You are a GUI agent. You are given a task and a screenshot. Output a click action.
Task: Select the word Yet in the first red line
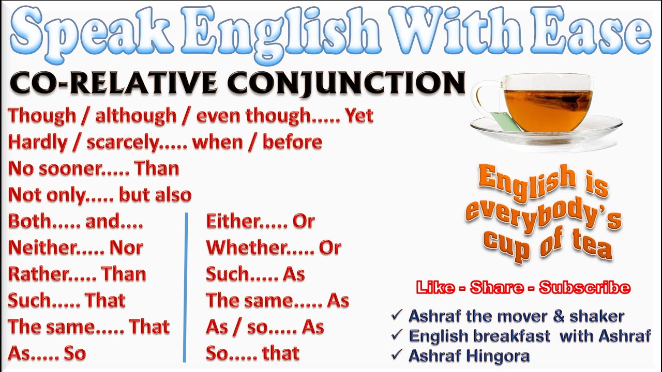pos(359,116)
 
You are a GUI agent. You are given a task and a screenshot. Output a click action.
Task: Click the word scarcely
pos(122,143)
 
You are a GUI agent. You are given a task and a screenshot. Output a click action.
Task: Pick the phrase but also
pos(155,195)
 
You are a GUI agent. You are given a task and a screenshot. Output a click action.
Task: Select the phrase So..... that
pos(252,353)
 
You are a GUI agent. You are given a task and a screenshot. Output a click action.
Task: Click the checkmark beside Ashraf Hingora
pos(397,355)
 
